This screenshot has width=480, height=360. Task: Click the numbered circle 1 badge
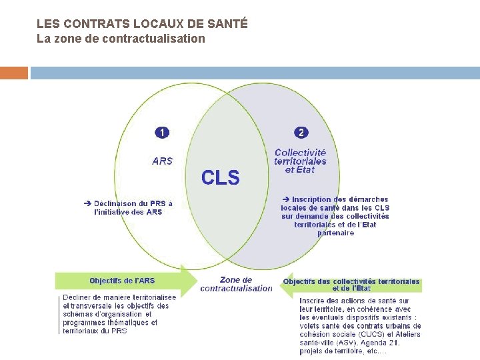(162, 133)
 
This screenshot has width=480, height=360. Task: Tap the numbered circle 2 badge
(301, 133)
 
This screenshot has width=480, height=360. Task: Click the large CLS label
(220, 177)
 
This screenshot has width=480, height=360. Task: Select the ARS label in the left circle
(162, 161)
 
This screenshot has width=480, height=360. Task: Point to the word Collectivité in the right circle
(301, 153)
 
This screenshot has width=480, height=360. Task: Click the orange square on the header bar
(14, 73)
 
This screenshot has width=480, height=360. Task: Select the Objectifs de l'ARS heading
(122, 281)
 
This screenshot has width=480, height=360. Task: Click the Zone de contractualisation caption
(236, 284)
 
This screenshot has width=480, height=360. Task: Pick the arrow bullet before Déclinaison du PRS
(87, 203)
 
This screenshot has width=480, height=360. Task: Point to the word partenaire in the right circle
(335, 233)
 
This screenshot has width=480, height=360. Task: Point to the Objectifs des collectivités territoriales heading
(351, 281)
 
